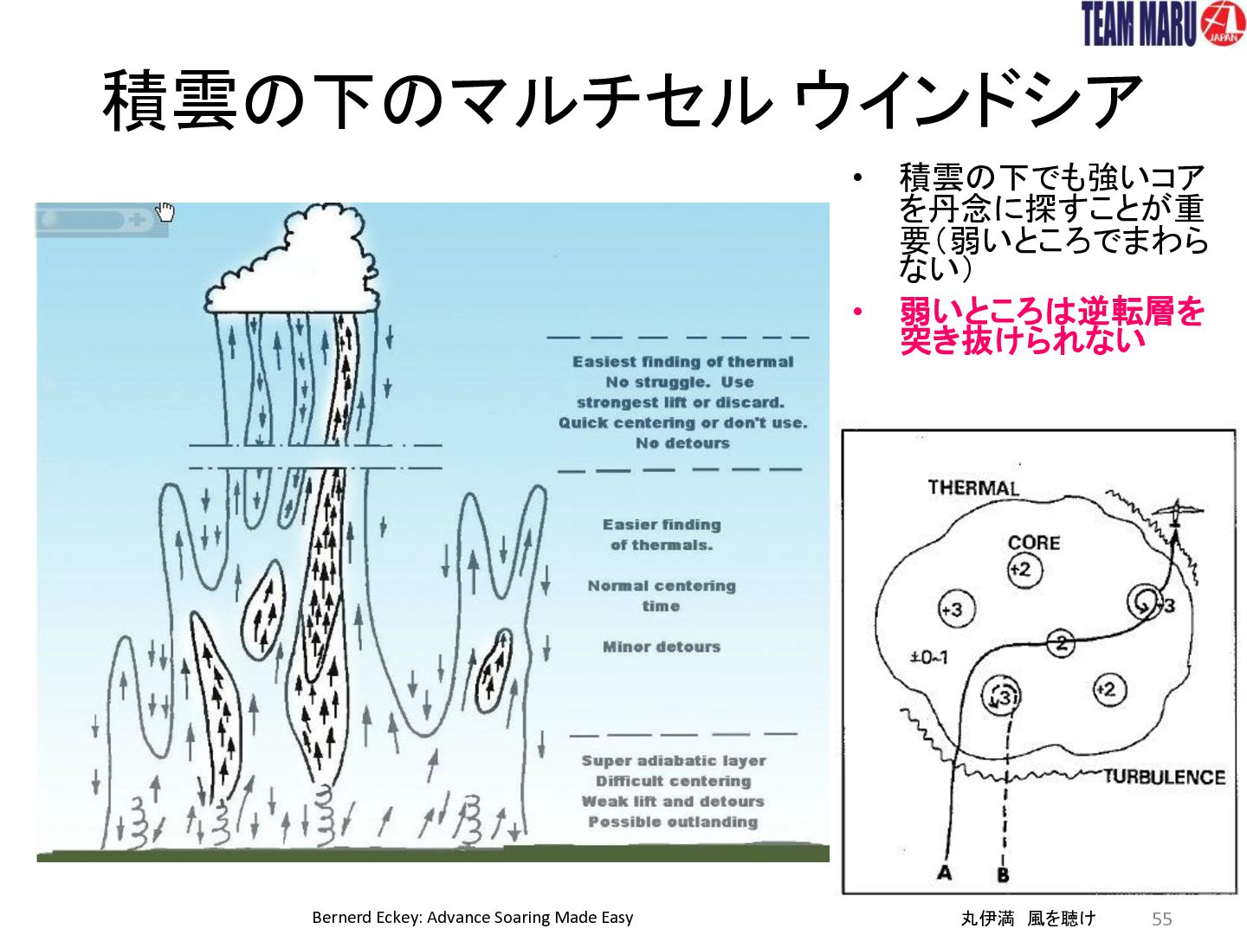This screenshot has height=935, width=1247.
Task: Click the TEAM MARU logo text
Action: click(x=1139, y=24)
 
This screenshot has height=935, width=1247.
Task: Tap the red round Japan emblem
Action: click(x=1223, y=23)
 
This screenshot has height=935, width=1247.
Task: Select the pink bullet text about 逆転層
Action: click(x=1051, y=326)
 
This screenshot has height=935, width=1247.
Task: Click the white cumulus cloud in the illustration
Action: click(x=292, y=262)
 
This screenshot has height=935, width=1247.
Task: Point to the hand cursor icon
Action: click(x=165, y=212)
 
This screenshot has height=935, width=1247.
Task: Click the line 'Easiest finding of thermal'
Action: click(x=682, y=362)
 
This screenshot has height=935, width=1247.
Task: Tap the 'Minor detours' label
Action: click(x=662, y=647)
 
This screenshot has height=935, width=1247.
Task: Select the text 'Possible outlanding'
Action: click(x=673, y=822)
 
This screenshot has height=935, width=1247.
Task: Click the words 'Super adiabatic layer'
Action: click(x=673, y=761)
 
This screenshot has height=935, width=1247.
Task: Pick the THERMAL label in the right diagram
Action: click(x=973, y=487)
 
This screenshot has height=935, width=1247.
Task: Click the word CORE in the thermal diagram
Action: click(x=1034, y=543)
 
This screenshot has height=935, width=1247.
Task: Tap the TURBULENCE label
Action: click(x=1165, y=777)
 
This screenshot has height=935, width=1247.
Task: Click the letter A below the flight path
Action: click(x=944, y=874)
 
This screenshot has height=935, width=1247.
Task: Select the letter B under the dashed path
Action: click(x=1003, y=874)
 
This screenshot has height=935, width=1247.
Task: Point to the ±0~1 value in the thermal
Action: click(x=928, y=658)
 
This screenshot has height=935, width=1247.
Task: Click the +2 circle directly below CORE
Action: click(x=1024, y=570)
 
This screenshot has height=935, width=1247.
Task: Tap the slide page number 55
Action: click(x=1162, y=919)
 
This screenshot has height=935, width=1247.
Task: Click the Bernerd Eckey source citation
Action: click(x=473, y=918)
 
